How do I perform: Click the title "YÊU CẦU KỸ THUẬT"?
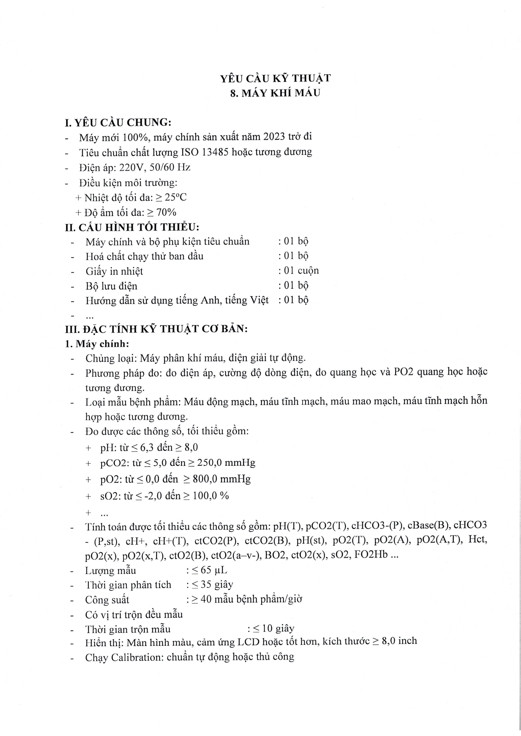[275, 79]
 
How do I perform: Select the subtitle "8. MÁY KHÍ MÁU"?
[275, 93]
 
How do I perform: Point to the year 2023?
[274, 137]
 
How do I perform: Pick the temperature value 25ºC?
[176, 198]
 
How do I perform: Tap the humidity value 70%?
[166, 212]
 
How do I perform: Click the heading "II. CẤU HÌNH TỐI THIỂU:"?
[132, 228]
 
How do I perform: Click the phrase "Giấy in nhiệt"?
[114, 272]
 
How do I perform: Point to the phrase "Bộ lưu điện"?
[111, 286]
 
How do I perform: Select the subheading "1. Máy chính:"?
[97, 344]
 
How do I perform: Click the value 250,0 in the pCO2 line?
[210, 463]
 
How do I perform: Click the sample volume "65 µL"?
[214, 570]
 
